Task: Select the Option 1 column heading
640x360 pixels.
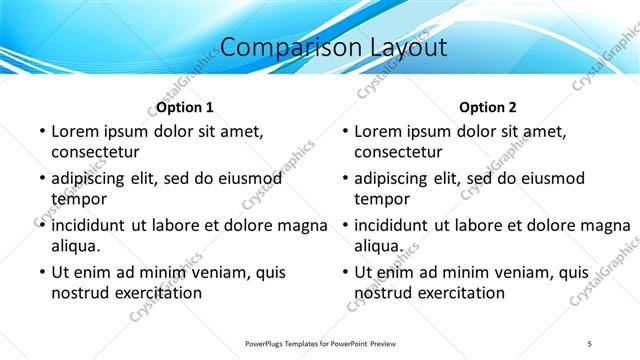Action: pyautogui.click(x=185, y=107)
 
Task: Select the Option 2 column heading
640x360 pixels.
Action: pyautogui.click(x=488, y=107)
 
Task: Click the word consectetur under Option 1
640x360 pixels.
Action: pyautogui.click(x=95, y=152)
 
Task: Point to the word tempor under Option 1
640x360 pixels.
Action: pyautogui.click(x=75, y=199)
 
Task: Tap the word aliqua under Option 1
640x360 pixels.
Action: pyautogui.click(x=76, y=246)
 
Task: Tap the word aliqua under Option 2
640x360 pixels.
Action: pyautogui.click(x=379, y=246)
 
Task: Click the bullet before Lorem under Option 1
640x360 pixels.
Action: pyautogui.click(x=41, y=132)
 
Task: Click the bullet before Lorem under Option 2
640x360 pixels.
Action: pyautogui.click(x=344, y=132)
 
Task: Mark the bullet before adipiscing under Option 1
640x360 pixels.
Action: pyautogui.click(x=41, y=179)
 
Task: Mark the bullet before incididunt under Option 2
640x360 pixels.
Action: pyautogui.click(x=344, y=226)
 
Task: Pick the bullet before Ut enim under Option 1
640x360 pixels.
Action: pyautogui.click(x=41, y=273)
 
